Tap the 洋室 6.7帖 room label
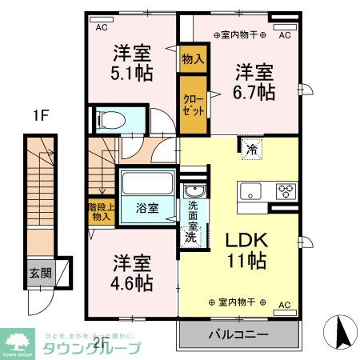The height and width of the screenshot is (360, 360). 254,82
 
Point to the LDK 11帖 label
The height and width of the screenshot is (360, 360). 246,250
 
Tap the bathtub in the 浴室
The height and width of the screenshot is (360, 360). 146,183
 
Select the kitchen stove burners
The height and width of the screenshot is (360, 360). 286,190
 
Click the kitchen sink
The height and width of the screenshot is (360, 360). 250,191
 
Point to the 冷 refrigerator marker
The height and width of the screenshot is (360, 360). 251,148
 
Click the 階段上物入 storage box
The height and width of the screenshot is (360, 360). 101,211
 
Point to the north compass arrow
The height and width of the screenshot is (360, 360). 341,332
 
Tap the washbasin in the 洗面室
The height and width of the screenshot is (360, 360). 193,191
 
